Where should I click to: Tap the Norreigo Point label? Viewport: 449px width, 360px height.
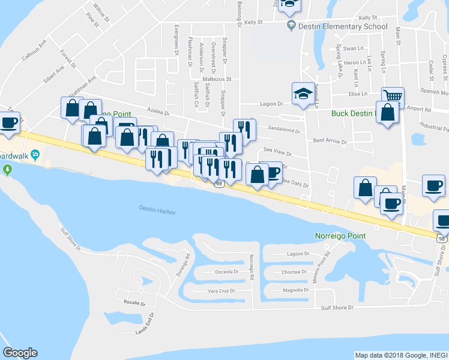(x=340, y=235)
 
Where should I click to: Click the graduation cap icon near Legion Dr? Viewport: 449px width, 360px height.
(x=303, y=94)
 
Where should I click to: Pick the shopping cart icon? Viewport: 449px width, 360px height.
(x=393, y=97)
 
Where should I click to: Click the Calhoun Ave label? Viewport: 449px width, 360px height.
(x=34, y=52)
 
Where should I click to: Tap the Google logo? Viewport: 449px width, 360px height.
(x=20, y=353)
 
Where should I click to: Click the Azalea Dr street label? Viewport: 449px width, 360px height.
(x=159, y=112)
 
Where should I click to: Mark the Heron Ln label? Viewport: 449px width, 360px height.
(x=355, y=62)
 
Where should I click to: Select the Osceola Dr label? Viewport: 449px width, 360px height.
(x=227, y=272)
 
